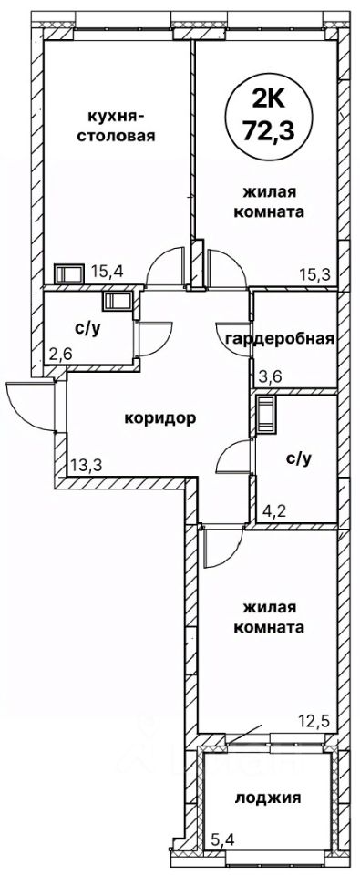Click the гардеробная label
coord(280,338)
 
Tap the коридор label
coord(160,417)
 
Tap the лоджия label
coord(268,798)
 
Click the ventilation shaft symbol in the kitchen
coord(69,274)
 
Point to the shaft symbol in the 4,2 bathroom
coord(266,415)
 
